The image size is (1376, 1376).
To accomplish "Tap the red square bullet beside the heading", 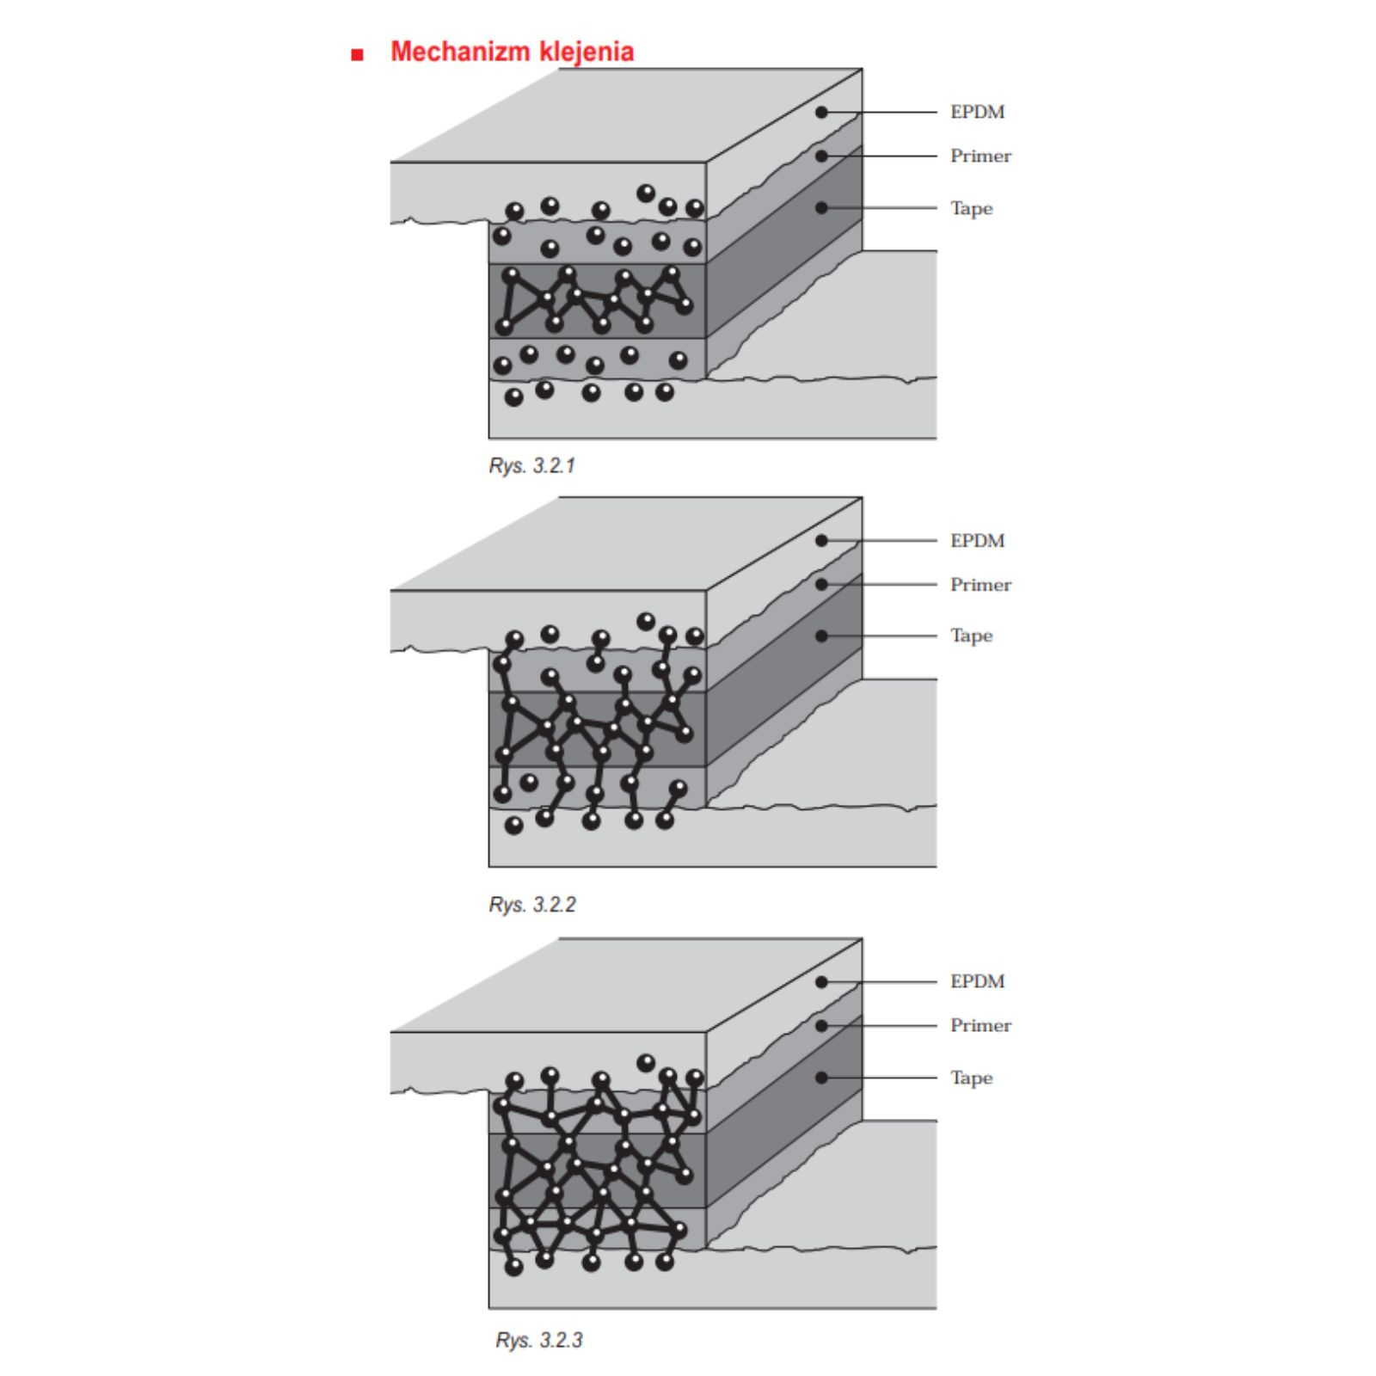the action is pos(358,55).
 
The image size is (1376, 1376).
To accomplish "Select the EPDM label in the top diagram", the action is pos(977,112).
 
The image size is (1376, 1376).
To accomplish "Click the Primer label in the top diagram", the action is pos(980,156).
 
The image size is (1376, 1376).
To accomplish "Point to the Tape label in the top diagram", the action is pos(971,208).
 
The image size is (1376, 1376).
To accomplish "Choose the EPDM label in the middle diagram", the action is pos(977,541).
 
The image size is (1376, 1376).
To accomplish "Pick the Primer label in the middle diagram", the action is pos(980,585).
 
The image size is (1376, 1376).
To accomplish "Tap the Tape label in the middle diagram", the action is pos(971,636).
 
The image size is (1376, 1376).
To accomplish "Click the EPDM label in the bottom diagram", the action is pos(977,981).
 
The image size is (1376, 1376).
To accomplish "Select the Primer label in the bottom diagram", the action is pos(980,1025).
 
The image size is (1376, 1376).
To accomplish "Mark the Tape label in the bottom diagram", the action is pos(971,1078).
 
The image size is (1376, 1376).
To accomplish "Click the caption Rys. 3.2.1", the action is pos(532,466).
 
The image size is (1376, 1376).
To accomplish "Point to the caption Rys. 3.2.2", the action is pos(532,905).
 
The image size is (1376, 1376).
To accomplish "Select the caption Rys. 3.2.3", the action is pos(539,1340).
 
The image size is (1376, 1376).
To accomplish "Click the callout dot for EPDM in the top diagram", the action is pos(821,112).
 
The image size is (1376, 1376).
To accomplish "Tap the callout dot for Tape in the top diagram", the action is pos(821,207).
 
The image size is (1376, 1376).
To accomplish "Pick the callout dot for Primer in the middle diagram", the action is pos(821,584).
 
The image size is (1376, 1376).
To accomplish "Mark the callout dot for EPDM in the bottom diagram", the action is pos(821,981).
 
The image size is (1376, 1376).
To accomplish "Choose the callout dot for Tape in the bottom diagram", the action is pos(821,1077).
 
